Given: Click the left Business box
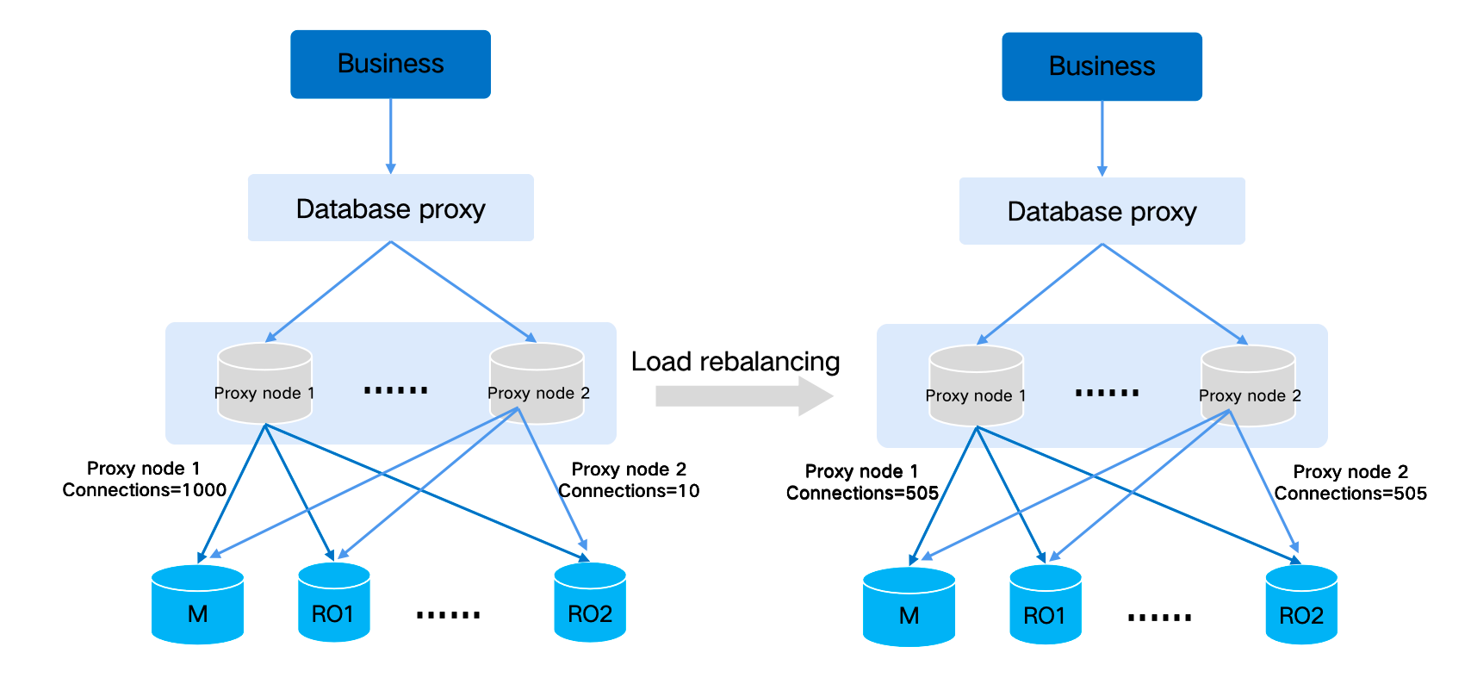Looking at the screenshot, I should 390,65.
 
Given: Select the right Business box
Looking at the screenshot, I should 1102,67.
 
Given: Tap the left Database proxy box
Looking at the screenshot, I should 390,208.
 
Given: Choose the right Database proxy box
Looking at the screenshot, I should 1102,211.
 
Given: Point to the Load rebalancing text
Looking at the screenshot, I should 735,362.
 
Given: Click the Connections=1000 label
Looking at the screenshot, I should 144,490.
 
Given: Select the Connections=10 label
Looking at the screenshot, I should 629,491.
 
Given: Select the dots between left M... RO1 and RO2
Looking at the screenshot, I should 448,615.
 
